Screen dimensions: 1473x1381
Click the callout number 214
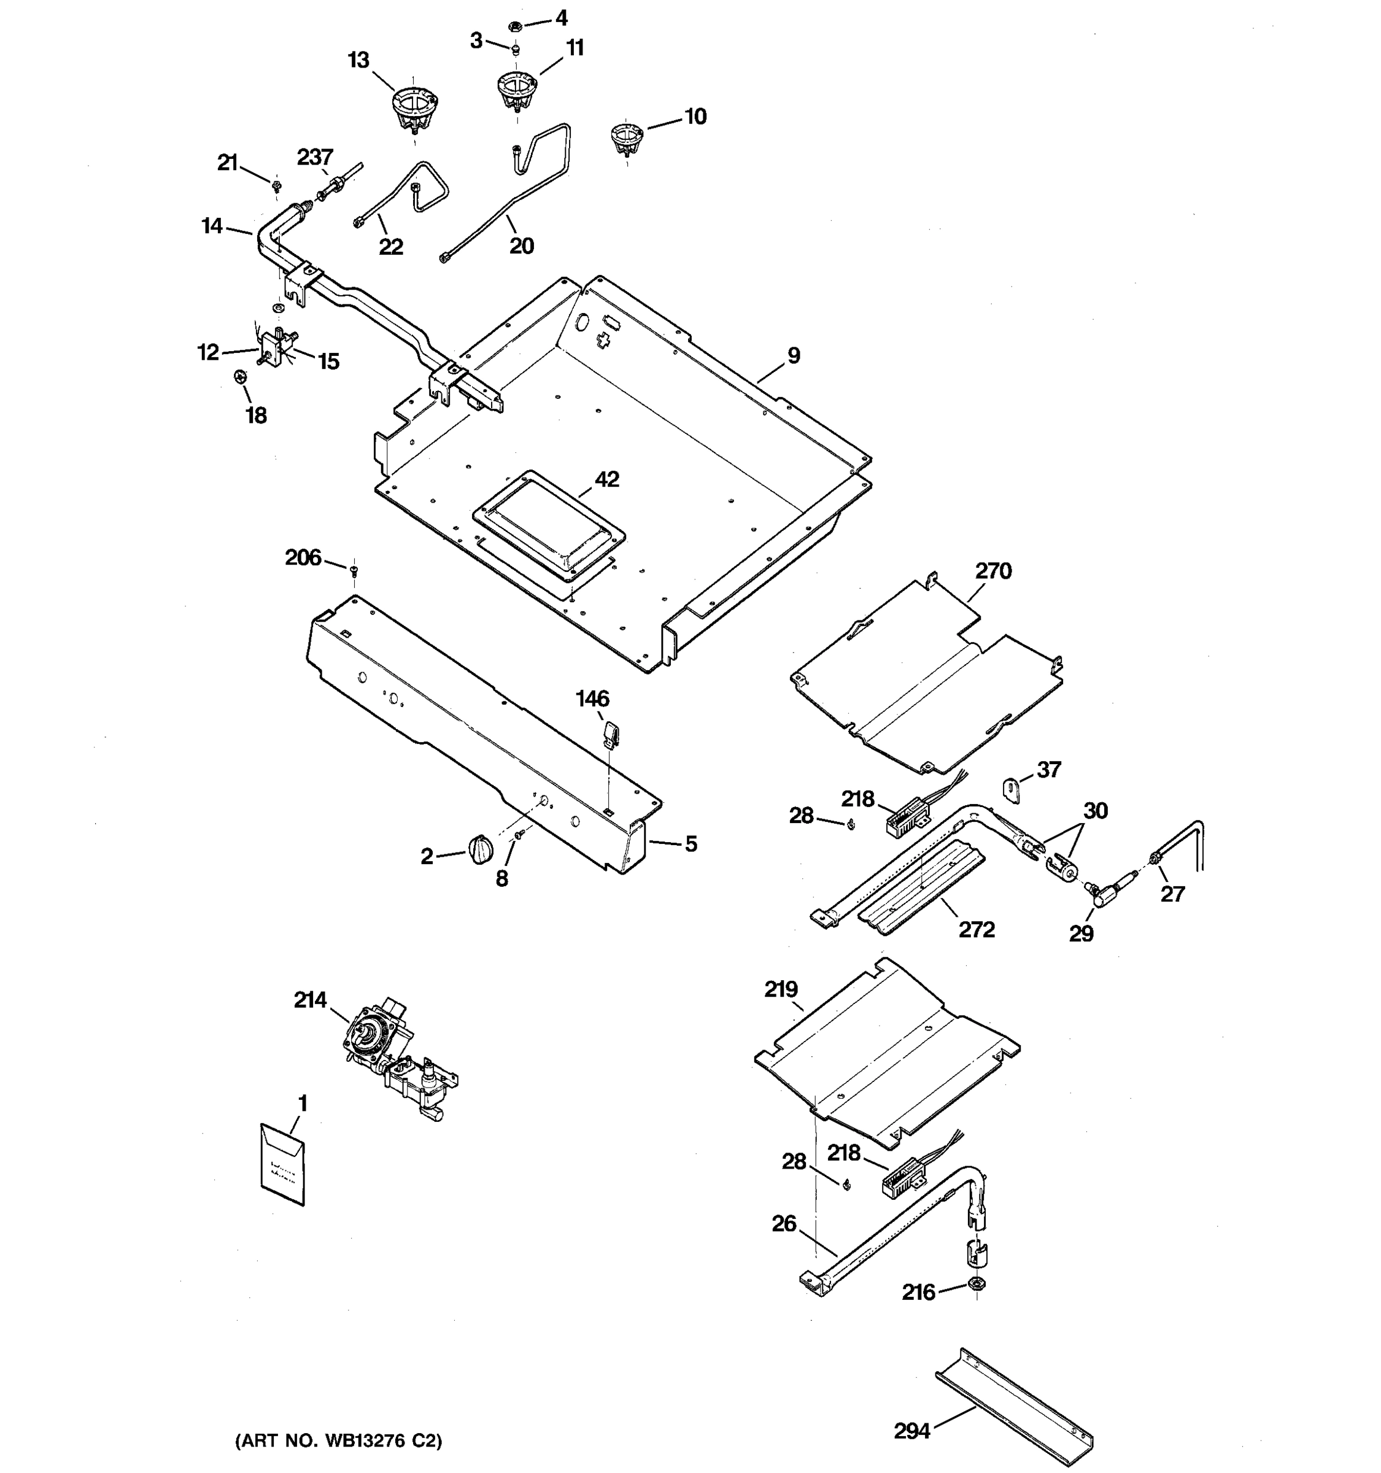click(310, 1000)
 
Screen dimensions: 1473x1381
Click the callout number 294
click(911, 1431)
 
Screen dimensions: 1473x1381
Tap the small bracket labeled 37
click(1012, 789)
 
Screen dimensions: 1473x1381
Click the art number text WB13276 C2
click(338, 1441)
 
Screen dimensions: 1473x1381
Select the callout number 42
click(607, 479)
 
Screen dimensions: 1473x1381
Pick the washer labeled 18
click(239, 377)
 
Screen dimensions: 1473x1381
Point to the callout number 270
click(992, 571)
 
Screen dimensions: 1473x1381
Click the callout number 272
click(977, 929)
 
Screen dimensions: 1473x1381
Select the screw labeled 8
click(519, 835)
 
